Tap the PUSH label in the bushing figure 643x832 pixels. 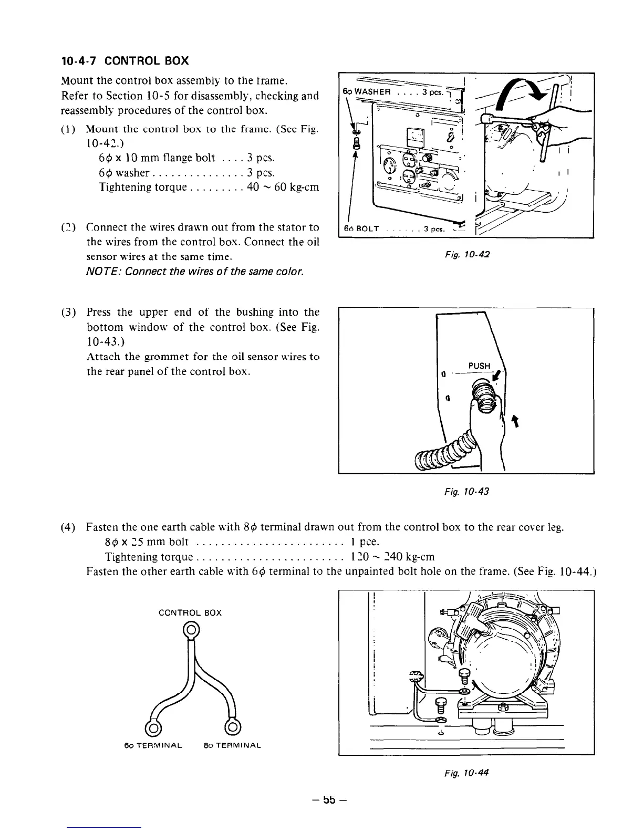pos(479,366)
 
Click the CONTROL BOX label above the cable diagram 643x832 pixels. pos(190,613)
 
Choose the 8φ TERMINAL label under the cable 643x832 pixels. pos(231,745)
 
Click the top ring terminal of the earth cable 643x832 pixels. pos(191,629)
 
